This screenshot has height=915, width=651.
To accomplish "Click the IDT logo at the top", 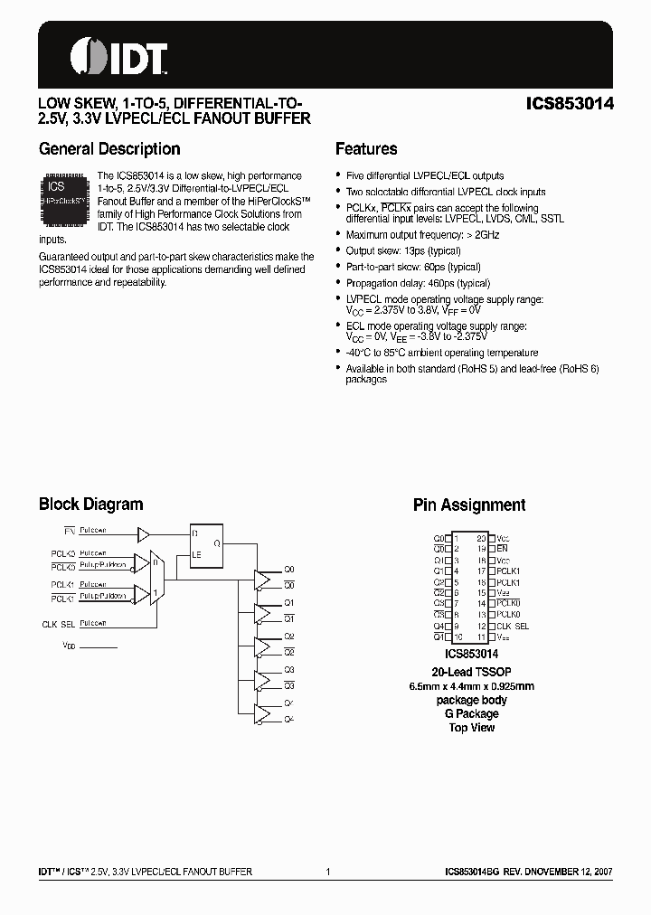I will (118, 56).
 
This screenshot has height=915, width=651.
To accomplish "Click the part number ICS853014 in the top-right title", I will (570, 103).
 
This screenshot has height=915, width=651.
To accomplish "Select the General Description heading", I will (109, 149).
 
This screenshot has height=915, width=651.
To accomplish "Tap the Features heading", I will (366, 149).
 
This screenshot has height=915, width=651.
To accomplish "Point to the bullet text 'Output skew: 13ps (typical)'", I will (401, 250).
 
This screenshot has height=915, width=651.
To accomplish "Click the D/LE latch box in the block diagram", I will (206, 544).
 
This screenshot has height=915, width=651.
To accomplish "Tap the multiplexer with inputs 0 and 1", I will (156, 579).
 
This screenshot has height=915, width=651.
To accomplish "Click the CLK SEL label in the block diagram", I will (56, 624).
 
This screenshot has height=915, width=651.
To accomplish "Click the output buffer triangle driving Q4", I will (262, 712).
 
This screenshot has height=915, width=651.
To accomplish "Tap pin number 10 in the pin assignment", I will (457, 637).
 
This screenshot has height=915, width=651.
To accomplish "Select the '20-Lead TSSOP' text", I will (472, 671).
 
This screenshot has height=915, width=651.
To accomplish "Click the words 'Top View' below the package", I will (472, 727).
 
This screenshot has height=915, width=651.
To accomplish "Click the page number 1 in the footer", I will (327, 872).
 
